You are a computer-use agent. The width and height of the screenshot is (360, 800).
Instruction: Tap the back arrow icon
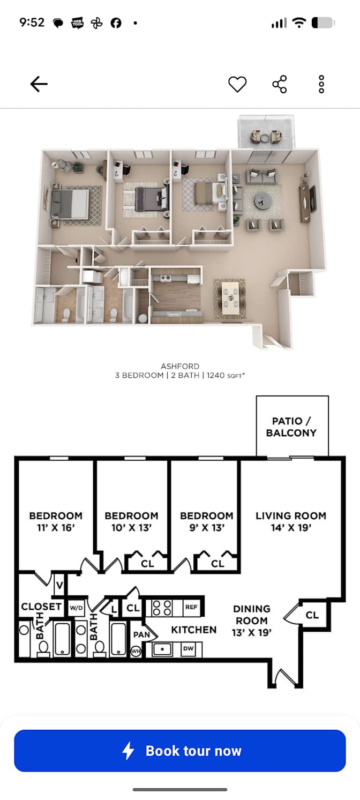click(x=39, y=84)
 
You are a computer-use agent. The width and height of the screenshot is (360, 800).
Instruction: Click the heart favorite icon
click(x=237, y=84)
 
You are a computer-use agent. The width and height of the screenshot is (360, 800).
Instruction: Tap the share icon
click(x=279, y=84)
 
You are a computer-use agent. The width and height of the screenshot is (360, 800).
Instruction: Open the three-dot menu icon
click(x=321, y=84)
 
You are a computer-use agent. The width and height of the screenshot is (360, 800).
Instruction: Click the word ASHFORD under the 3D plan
click(x=180, y=366)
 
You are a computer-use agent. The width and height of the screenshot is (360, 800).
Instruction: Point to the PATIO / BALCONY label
click(x=291, y=427)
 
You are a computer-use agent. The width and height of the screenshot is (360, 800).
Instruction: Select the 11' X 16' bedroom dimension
click(x=56, y=527)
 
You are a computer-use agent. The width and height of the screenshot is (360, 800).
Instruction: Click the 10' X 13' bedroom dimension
click(x=131, y=527)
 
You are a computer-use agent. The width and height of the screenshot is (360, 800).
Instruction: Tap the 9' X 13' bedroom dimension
click(x=207, y=527)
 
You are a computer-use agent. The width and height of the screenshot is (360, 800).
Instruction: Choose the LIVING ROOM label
click(x=291, y=515)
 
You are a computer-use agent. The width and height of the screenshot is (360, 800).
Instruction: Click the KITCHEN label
click(x=194, y=630)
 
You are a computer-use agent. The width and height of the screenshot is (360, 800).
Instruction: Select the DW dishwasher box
click(x=189, y=648)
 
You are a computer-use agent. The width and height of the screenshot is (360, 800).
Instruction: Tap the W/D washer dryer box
click(x=76, y=608)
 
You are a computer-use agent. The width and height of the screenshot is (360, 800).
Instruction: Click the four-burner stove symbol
click(x=162, y=608)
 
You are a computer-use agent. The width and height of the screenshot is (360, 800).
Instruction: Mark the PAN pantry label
click(x=141, y=634)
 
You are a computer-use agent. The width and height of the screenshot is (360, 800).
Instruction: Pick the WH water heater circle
click(x=136, y=651)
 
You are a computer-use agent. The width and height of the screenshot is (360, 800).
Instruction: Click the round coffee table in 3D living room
click(x=263, y=202)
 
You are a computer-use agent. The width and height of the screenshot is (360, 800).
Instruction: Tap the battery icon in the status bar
click(x=323, y=23)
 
